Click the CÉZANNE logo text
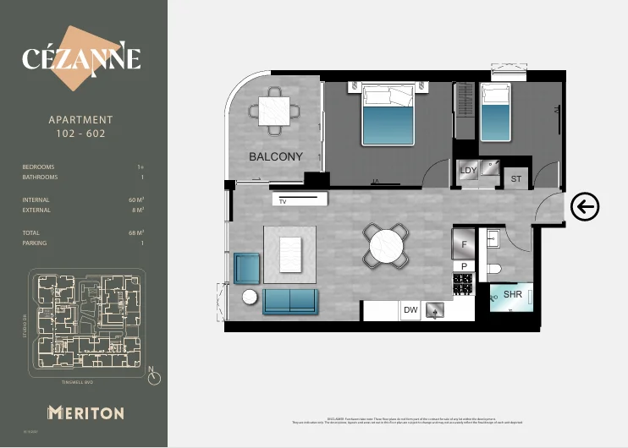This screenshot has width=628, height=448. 81,59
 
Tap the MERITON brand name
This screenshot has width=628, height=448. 85,412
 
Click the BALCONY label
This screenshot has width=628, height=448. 275,157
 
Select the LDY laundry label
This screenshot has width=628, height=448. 468,170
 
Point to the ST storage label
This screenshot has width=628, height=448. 516,179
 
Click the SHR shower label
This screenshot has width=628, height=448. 513,295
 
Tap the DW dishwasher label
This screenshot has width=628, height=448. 410,310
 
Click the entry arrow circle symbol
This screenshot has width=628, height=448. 585,206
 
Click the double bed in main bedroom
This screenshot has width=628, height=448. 388,115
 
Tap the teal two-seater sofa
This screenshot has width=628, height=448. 290,301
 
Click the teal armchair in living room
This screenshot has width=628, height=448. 246,268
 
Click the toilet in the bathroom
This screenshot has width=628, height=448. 494,269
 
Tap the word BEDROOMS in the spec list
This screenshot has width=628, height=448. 38,167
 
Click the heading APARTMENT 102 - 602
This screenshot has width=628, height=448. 81,127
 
